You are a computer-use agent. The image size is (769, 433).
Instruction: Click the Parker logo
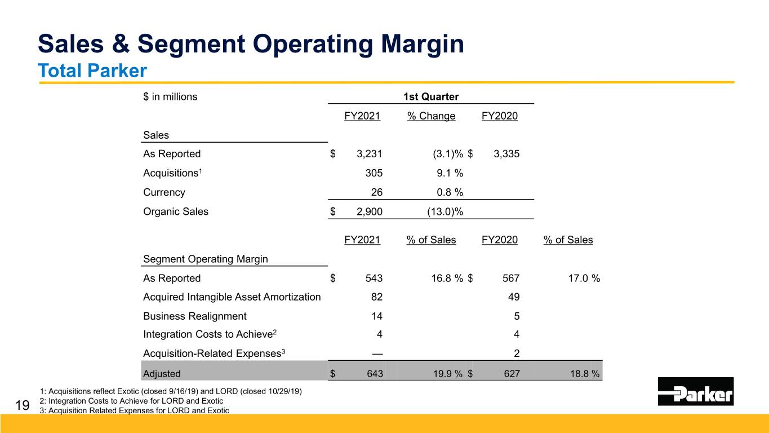coord(696,391)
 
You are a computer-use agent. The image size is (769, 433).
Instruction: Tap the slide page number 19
coord(23,405)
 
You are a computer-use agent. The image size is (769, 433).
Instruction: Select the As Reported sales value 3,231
coord(370,153)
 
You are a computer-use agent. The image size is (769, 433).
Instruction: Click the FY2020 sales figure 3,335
coord(506,153)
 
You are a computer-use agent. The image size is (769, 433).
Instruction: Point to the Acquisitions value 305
coord(374,173)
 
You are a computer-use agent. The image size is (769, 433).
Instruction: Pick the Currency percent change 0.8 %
coord(450,192)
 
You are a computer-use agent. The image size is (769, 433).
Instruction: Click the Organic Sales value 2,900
coord(370,211)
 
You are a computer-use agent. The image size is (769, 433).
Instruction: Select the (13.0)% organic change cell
coord(445,211)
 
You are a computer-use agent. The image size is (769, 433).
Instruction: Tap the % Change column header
coord(431,116)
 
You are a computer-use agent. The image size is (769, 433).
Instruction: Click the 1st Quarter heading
coord(431,96)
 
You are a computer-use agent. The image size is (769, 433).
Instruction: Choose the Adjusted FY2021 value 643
coord(375,374)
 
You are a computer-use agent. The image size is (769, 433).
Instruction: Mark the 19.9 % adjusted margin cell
coord(448,374)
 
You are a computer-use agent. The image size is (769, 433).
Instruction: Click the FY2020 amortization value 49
coord(514,297)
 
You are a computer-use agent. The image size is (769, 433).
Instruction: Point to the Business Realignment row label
coord(195,316)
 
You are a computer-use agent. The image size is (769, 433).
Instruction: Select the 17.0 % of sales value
coord(584,278)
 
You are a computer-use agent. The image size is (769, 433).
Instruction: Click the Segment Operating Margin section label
coord(205,259)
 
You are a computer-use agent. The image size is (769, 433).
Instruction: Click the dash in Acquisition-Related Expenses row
coord(377,354)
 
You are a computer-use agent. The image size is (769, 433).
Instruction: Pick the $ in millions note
coord(170,96)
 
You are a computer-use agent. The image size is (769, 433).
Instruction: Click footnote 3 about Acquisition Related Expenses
coord(134,410)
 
